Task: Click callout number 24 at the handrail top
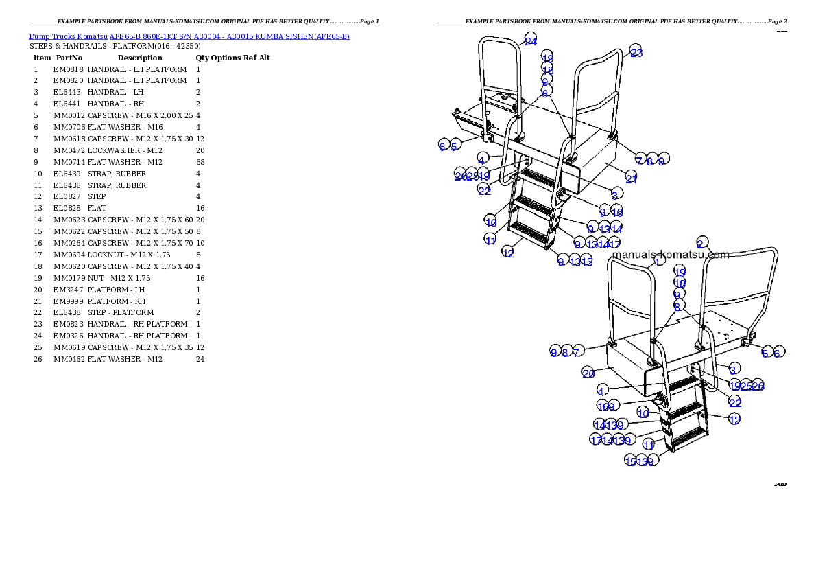point(531,41)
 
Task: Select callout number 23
point(636,53)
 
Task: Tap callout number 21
point(631,179)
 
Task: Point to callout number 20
point(588,373)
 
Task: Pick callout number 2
point(701,244)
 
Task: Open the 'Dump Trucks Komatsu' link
point(69,36)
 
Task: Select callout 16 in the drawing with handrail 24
point(617,212)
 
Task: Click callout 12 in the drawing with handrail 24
point(508,253)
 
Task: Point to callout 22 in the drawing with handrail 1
point(735,402)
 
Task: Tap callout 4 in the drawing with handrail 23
point(483,158)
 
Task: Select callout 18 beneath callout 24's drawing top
point(547,69)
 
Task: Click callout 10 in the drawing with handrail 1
point(643,413)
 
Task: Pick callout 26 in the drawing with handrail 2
point(758,386)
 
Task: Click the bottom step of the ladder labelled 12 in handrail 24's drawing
point(531,237)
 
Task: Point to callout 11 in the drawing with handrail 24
point(490,240)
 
